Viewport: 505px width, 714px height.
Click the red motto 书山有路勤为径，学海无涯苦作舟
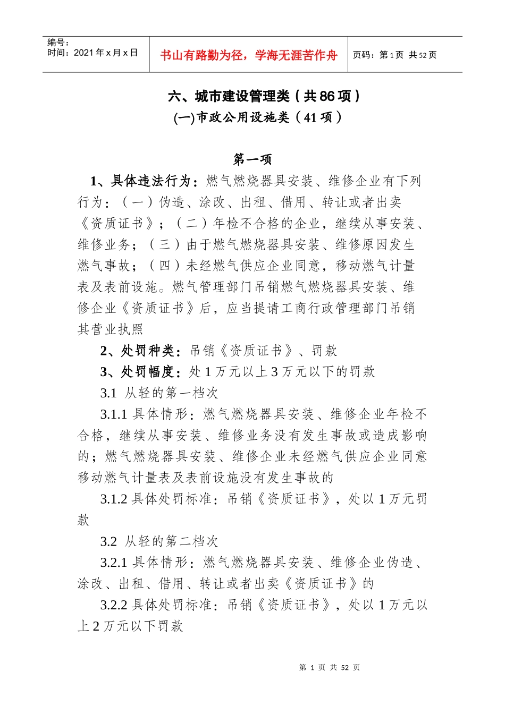pos(249,55)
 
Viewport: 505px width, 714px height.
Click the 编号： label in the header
pos(58,42)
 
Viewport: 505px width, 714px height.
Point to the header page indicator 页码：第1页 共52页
pos(394,55)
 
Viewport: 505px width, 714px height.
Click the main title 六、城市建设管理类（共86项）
pos(264,96)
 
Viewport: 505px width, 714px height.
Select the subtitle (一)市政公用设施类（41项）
pos(258,117)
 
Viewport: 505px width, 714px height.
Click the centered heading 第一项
pos(252,159)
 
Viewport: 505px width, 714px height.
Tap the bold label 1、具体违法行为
pos(140,181)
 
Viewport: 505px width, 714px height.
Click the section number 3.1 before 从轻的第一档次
pos(108,393)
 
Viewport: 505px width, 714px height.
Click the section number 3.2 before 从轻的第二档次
pos(108,541)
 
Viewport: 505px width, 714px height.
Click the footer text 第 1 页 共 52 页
pos(330,667)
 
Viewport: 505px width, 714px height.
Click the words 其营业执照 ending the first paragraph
pos(111,329)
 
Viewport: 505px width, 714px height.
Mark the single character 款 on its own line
pos(84,520)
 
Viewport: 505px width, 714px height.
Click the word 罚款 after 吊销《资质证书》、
pos(324,351)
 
